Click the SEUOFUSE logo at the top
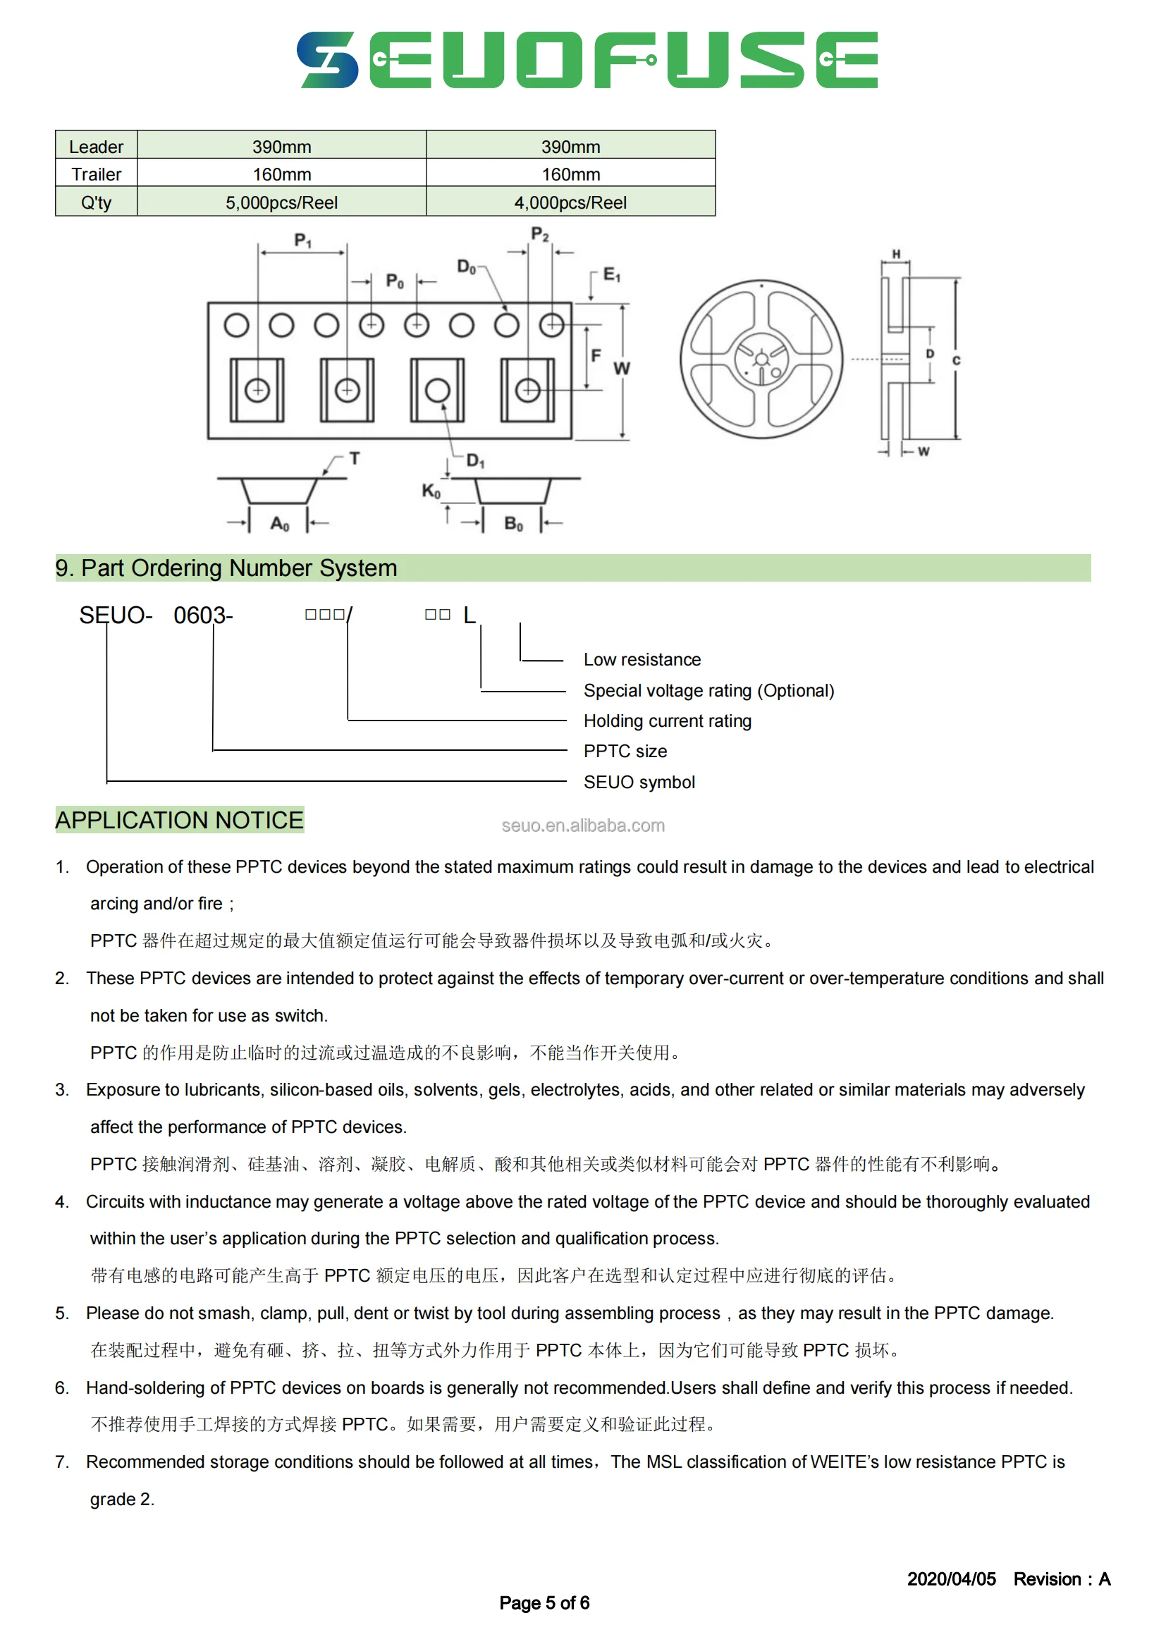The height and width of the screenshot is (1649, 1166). pos(587,60)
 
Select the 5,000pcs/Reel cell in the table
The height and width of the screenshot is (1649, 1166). pos(281,202)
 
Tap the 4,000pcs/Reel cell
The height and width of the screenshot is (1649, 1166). pos(570,202)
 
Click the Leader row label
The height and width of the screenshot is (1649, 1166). pos(96,147)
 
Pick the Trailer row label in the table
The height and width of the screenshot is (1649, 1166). pos(96,175)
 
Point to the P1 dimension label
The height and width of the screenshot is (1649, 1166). pos(303,240)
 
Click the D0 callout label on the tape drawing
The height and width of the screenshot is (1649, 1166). pos(467,267)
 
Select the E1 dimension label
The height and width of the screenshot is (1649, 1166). pos(612,274)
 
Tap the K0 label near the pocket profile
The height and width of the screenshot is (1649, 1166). pos(431,491)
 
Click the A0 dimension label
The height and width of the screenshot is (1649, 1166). pos(279,524)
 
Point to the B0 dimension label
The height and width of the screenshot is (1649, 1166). pos(513,524)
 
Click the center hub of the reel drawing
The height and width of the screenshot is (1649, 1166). pos(761,359)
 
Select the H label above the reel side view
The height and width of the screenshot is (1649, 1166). pos(896,254)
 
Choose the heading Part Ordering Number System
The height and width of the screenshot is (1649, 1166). pos(226,568)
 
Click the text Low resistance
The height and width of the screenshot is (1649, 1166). pos(642,659)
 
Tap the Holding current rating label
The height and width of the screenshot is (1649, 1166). pos(667,721)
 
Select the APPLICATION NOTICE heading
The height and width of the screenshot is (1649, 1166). pos(180,819)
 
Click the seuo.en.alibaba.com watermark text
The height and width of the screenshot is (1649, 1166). pos(583,826)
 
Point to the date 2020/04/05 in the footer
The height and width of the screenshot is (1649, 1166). pos(951,1578)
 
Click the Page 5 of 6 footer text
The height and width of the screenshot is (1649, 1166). pos(544,1602)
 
